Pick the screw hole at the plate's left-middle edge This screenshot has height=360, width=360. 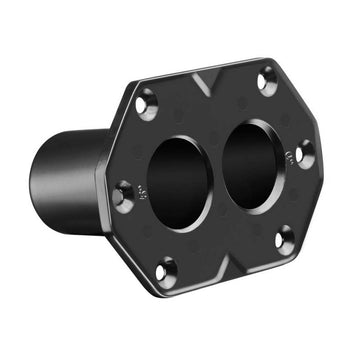[122, 193]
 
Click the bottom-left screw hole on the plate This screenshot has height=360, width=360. [166, 270]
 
